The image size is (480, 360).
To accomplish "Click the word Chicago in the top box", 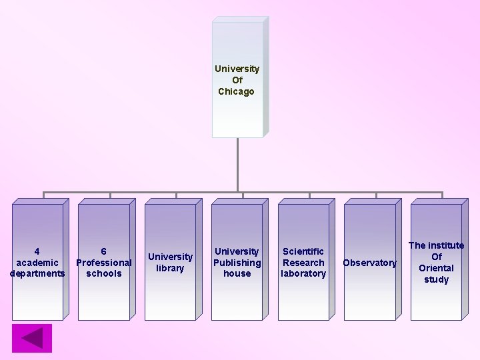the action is coord(237,91).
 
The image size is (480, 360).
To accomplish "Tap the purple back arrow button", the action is coord(31,338).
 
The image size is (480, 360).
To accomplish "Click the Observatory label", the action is coord(369,263).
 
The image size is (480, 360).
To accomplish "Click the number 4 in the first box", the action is coord(37,251).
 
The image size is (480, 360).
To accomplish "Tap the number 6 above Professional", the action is coord(104,251).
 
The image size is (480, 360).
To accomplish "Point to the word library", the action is coord(170,268).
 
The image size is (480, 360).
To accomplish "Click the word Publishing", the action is coord(237,263).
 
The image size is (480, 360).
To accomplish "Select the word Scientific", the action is coord(303,251).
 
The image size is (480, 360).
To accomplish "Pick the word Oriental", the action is coord(436,268).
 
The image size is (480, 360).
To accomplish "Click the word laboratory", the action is coord(303,273).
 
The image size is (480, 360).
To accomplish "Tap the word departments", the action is coord(37,273).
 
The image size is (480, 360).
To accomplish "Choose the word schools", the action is coord(104,273).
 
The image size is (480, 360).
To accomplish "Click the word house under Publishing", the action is coord(237,273).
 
